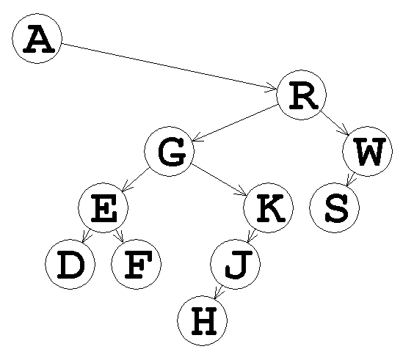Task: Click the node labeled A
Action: (37, 39)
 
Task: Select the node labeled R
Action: (301, 95)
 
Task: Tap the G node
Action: (169, 151)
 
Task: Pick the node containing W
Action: (367, 151)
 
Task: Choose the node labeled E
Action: (103, 207)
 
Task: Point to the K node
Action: (269, 207)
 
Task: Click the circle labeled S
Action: (334, 207)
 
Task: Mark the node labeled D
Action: (70, 264)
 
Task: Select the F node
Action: (137, 264)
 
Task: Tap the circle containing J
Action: (235, 264)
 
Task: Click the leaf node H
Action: (203, 320)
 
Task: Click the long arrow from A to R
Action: (170, 67)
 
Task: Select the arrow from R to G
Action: (235, 123)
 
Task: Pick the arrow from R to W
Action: (334, 123)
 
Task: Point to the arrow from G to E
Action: (136, 180)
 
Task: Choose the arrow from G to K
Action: (219, 180)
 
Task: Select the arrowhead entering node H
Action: (219, 293)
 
